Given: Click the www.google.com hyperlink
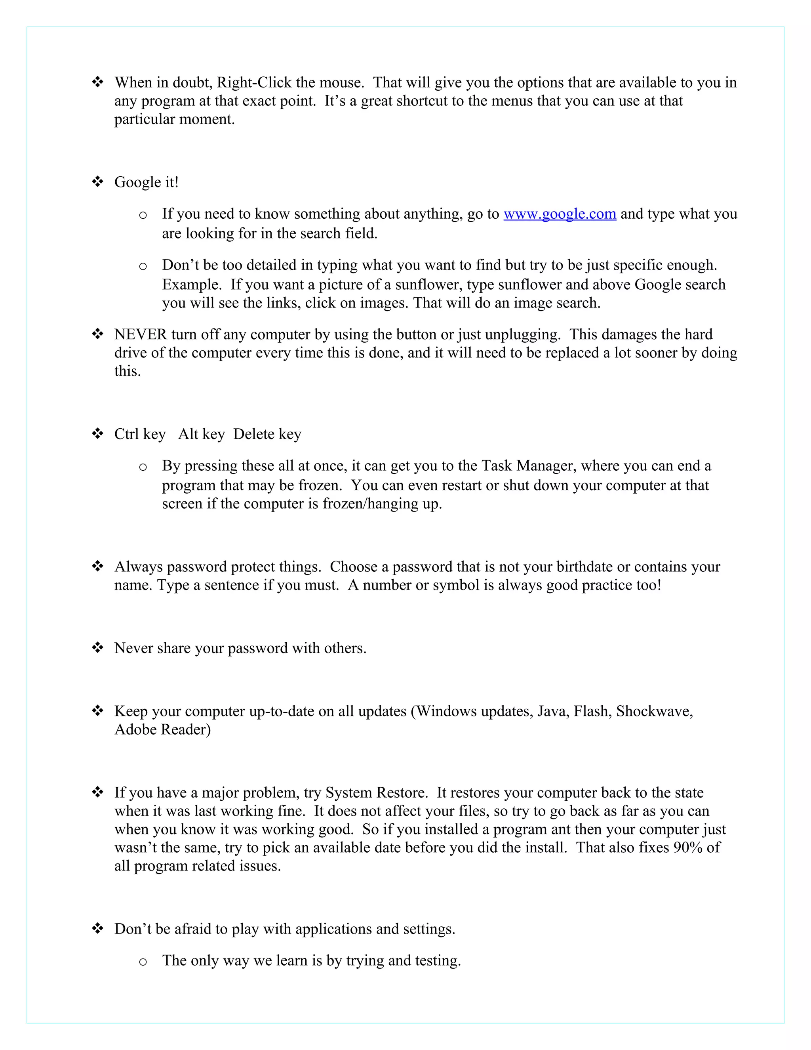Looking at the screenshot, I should click(x=559, y=214).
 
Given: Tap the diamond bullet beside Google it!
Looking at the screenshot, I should click(x=97, y=182).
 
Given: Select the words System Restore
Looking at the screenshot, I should click(x=376, y=793).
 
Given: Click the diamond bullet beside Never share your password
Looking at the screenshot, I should click(x=97, y=647).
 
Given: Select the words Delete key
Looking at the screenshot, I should click(x=267, y=434).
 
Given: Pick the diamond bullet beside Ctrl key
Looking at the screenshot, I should click(x=97, y=433).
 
